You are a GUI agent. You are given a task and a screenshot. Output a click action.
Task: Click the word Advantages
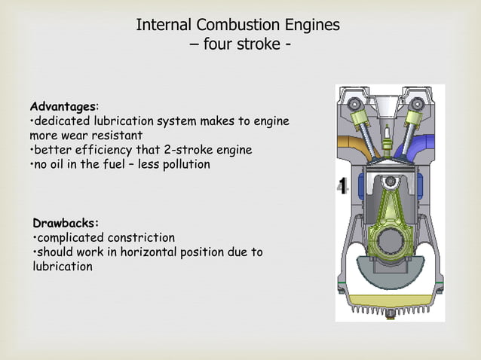tap(63, 107)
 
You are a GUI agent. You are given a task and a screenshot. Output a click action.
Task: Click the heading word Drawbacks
tap(66, 223)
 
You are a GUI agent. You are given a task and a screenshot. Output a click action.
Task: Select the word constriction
tap(140, 237)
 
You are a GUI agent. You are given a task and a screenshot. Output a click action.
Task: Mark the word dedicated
tap(63, 121)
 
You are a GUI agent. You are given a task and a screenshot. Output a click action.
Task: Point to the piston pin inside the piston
tap(390, 183)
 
